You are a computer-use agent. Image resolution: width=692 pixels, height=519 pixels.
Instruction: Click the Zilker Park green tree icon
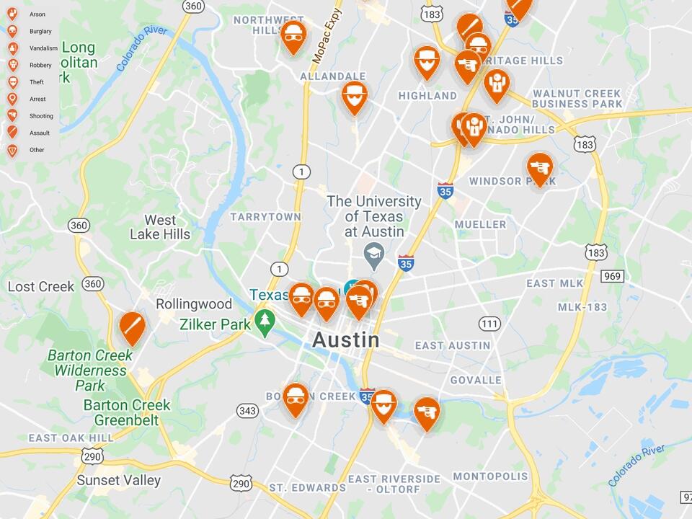click(265, 323)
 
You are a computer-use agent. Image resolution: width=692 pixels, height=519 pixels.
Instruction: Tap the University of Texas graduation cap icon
click(373, 253)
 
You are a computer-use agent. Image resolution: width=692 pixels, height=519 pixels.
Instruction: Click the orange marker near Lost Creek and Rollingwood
click(132, 327)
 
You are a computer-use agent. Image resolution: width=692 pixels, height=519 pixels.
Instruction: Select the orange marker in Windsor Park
click(539, 168)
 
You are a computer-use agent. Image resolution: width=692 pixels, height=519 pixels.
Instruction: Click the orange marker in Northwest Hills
click(293, 36)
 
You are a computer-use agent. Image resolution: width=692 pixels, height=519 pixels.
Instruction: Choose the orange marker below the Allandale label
click(354, 96)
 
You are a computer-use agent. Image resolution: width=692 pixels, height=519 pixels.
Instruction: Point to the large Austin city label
click(346, 340)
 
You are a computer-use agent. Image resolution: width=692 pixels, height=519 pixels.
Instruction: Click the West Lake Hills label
click(160, 227)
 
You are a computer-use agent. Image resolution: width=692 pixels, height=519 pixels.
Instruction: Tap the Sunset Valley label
click(119, 480)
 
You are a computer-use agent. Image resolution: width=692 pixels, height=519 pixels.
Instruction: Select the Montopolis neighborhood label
click(490, 476)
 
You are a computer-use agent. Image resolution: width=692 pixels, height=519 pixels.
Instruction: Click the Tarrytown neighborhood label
click(265, 216)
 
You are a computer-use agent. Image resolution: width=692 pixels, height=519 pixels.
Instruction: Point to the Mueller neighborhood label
click(480, 224)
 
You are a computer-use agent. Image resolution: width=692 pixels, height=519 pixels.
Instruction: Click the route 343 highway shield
click(247, 411)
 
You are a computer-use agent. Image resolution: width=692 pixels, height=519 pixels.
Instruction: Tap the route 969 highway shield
click(613, 276)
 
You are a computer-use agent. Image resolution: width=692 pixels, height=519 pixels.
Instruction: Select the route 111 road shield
click(489, 324)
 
